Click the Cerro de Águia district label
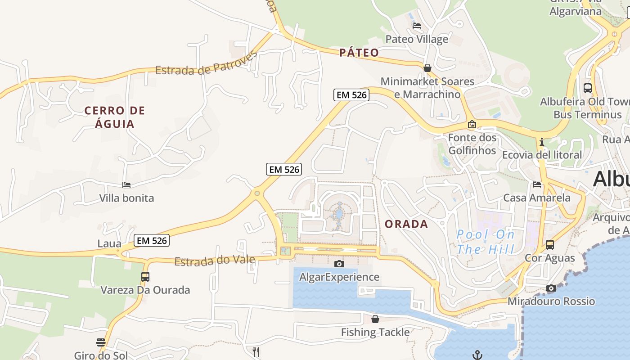[115, 117]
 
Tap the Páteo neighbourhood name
[359, 53]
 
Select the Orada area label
[406, 224]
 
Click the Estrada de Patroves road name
[206, 64]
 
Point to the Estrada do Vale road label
[215, 261]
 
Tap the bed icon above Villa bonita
[126, 184]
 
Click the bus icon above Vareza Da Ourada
[145, 276]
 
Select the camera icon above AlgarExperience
[339, 264]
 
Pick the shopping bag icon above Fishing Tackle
[375, 319]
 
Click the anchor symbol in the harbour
[477, 355]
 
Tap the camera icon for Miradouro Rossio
[551, 288]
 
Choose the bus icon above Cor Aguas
[549, 245]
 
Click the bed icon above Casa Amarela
[536, 184]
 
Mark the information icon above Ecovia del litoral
[541, 142]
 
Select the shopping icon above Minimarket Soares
[427, 68]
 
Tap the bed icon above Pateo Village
[417, 26]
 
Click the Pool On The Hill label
[485, 242]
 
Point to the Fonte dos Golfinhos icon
[472, 124]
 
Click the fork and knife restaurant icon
[256, 351]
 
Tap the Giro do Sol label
[101, 355]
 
